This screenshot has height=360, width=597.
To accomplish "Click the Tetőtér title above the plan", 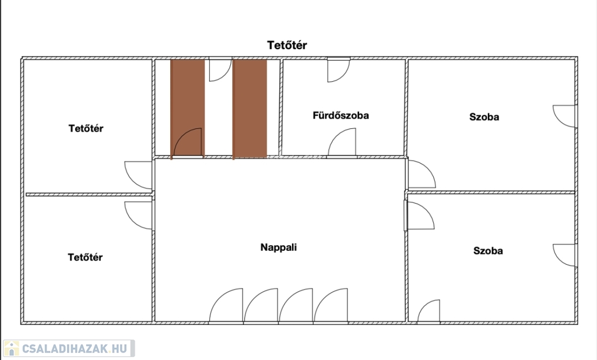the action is [x=287, y=45].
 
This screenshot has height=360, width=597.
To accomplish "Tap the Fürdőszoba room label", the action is [x=340, y=116].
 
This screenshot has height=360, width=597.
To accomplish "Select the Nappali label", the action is [x=278, y=247].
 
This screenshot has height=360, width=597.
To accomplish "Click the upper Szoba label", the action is [x=484, y=117].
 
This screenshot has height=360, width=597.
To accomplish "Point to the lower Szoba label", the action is [x=488, y=251].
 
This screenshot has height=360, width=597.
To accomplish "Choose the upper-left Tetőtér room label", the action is [x=86, y=128].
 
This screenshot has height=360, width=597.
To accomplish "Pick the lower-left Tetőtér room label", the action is [x=85, y=257].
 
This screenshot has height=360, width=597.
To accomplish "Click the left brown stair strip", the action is [x=187, y=109].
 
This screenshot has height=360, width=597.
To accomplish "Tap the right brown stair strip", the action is [x=250, y=109].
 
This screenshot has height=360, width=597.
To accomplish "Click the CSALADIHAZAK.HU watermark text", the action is [x=74, y=348].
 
